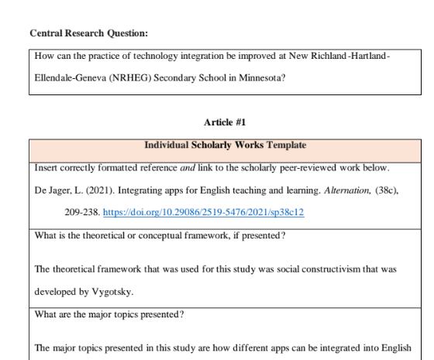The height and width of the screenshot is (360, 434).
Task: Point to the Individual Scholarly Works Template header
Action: [224, 145]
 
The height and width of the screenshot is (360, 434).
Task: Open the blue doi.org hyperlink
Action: [203, 213]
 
